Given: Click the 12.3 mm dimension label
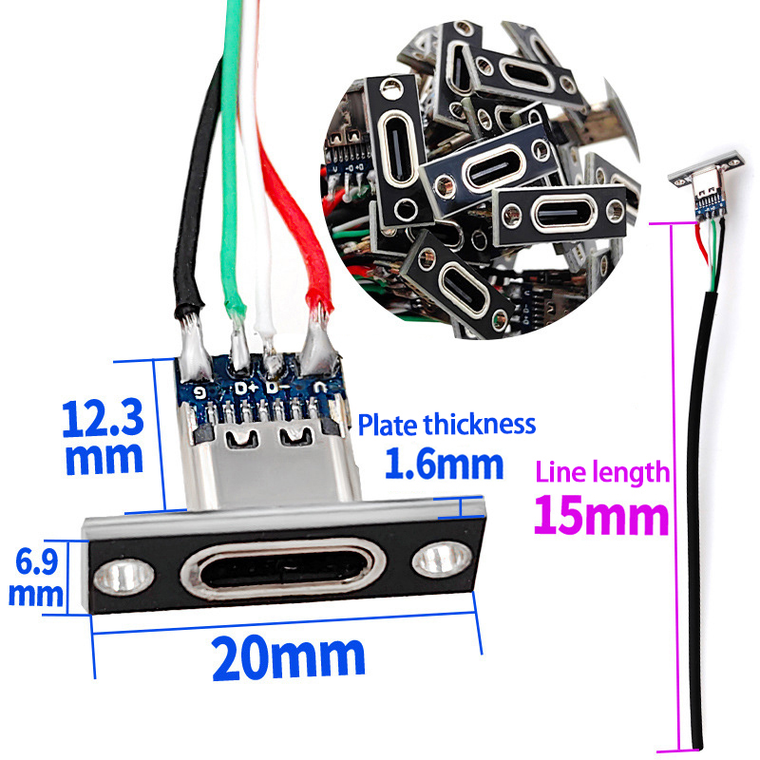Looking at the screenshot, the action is [x=104, y=436].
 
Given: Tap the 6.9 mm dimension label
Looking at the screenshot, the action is [x=36, y=578].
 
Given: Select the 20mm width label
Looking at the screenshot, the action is [x=289, y=658].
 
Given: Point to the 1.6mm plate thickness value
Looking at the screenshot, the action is [x=445, y=464].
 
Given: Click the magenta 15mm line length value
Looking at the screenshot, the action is [x=601, y=515].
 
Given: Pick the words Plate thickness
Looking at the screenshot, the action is [x=446, y=425].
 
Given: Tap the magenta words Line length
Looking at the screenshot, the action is [x=602, y=472].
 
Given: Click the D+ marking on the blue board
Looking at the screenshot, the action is [x=245, y=389].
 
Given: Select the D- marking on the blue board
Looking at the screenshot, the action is [x=277, y=388].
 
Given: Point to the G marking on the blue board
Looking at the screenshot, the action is [x=199, y=391].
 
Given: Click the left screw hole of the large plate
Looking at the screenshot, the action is [x=124, y=577].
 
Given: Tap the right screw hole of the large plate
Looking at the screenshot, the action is [x=442, y=560].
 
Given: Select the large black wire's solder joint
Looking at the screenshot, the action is [x=194, y=347].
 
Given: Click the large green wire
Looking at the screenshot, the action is [x=233, y=160].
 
